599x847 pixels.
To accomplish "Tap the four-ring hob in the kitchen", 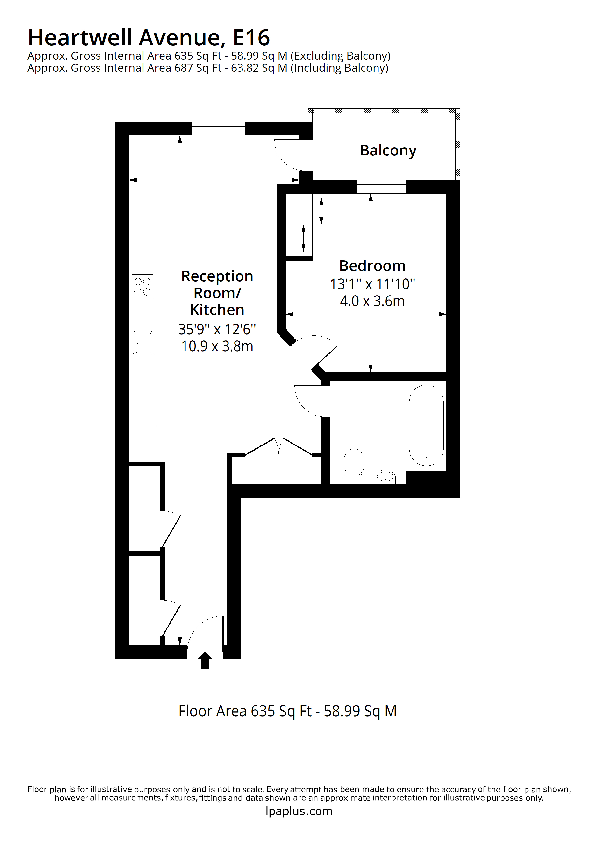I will point(143,287).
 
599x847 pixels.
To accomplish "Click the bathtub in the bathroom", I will point(426,425).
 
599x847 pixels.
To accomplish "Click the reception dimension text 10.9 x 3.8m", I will point(217,346).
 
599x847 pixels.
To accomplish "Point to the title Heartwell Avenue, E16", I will point(149,38).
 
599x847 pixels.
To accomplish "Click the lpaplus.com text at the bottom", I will point(299,811).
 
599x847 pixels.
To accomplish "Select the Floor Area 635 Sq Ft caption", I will point(287,711).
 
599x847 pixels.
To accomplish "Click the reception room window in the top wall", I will point(218,128).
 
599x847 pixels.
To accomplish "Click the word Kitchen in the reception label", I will point(217,310).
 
